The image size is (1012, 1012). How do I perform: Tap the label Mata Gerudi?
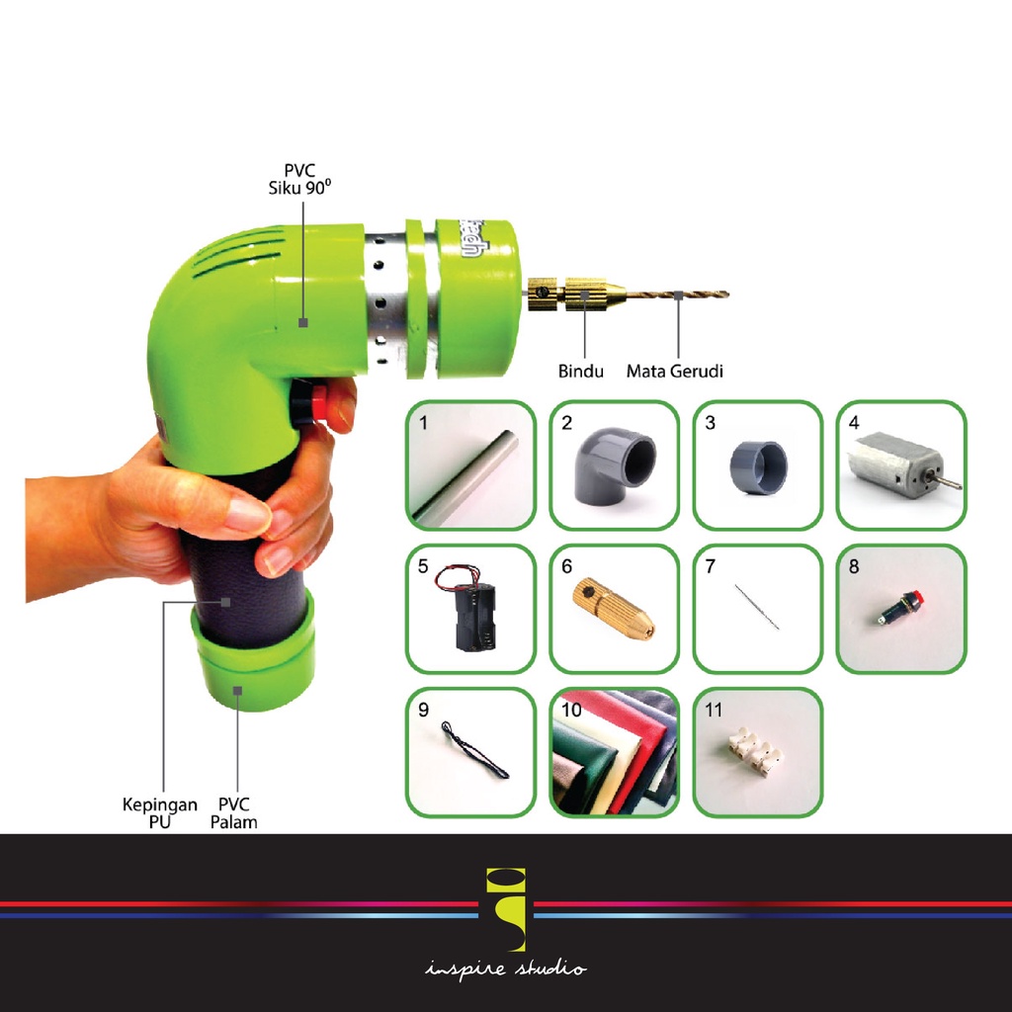pyautogui.click(x=675, y=372)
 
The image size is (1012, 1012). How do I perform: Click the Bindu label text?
pyautogui.click(x=581, y=372)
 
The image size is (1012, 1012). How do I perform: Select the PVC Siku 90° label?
pyautogui.click(x=299, y=179)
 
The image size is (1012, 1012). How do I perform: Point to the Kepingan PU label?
pyautogui.click(x=159, y=812)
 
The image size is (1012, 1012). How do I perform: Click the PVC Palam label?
pyautogui.click(x=234, y=812)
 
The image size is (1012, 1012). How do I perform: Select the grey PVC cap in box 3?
pyautogui.click(x=759, y=467)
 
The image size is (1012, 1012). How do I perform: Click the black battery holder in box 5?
pyautogui.click(x=473, y=614)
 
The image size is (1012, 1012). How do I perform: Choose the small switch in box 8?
pyautogui.click(x=899, y=607)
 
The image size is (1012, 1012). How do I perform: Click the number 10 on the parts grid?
pyautogui.click(x=570, y=710)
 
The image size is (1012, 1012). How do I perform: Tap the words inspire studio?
pyautogui.click(x=506, y=970)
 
